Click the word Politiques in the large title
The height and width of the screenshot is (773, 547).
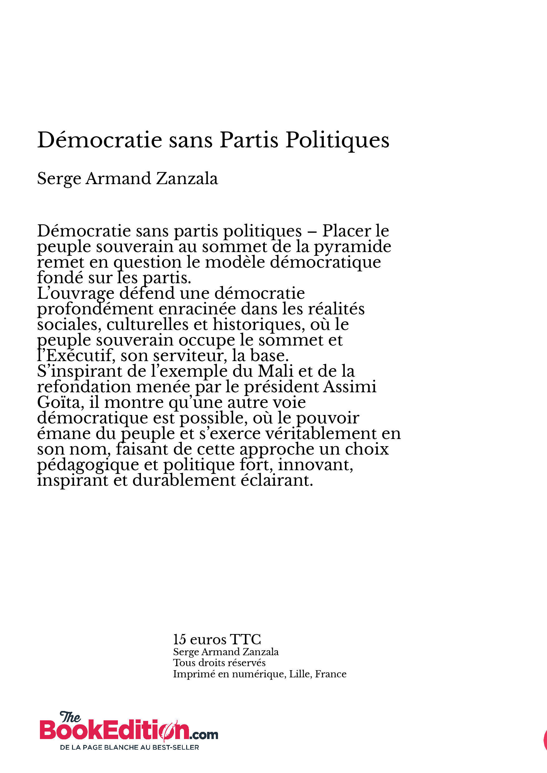pos(337,140)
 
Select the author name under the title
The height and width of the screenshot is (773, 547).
pos(128,179)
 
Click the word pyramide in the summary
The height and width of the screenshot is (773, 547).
pos(352,247)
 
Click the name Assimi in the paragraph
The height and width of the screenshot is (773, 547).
pos(350,387)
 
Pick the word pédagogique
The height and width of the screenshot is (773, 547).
pos(88,465)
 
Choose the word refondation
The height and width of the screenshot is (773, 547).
pos(84,387)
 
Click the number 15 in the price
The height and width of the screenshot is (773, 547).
pos(179,639)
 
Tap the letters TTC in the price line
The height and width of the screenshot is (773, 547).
pos(245,639)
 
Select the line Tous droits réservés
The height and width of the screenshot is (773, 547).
pos(219,663)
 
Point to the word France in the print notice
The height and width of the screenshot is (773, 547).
pos(331,674)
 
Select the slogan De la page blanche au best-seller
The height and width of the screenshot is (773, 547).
pos(129,747)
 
